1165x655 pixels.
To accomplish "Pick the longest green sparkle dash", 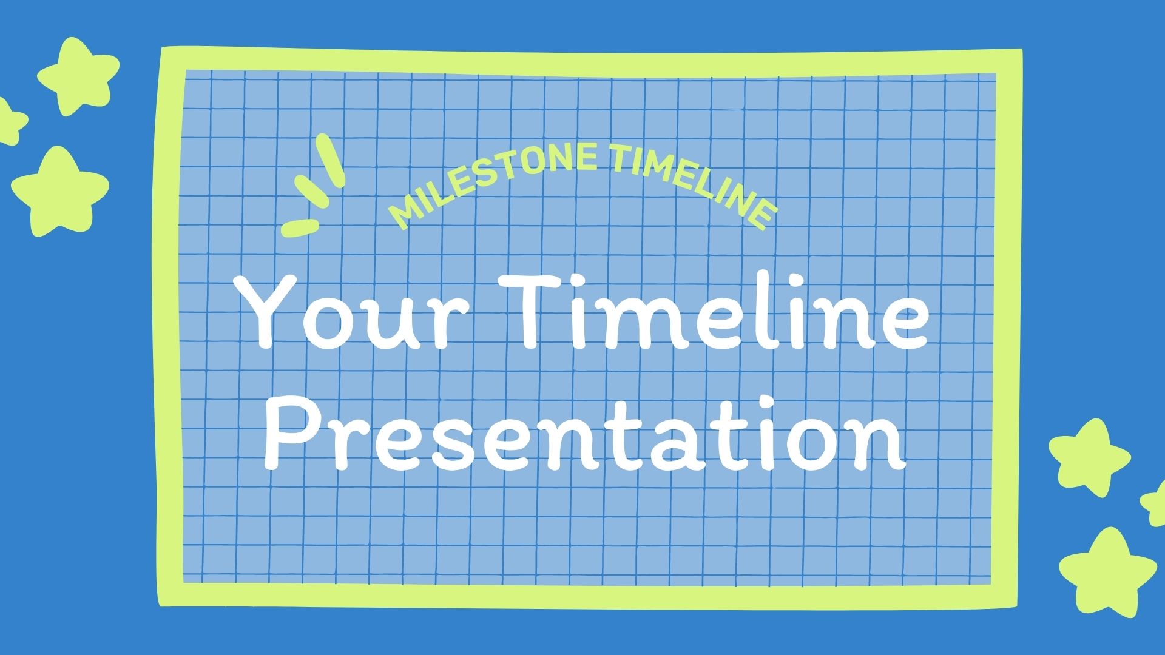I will (x=332, y=160).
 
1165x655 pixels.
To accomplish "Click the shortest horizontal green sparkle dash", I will (x=300, y=227).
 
